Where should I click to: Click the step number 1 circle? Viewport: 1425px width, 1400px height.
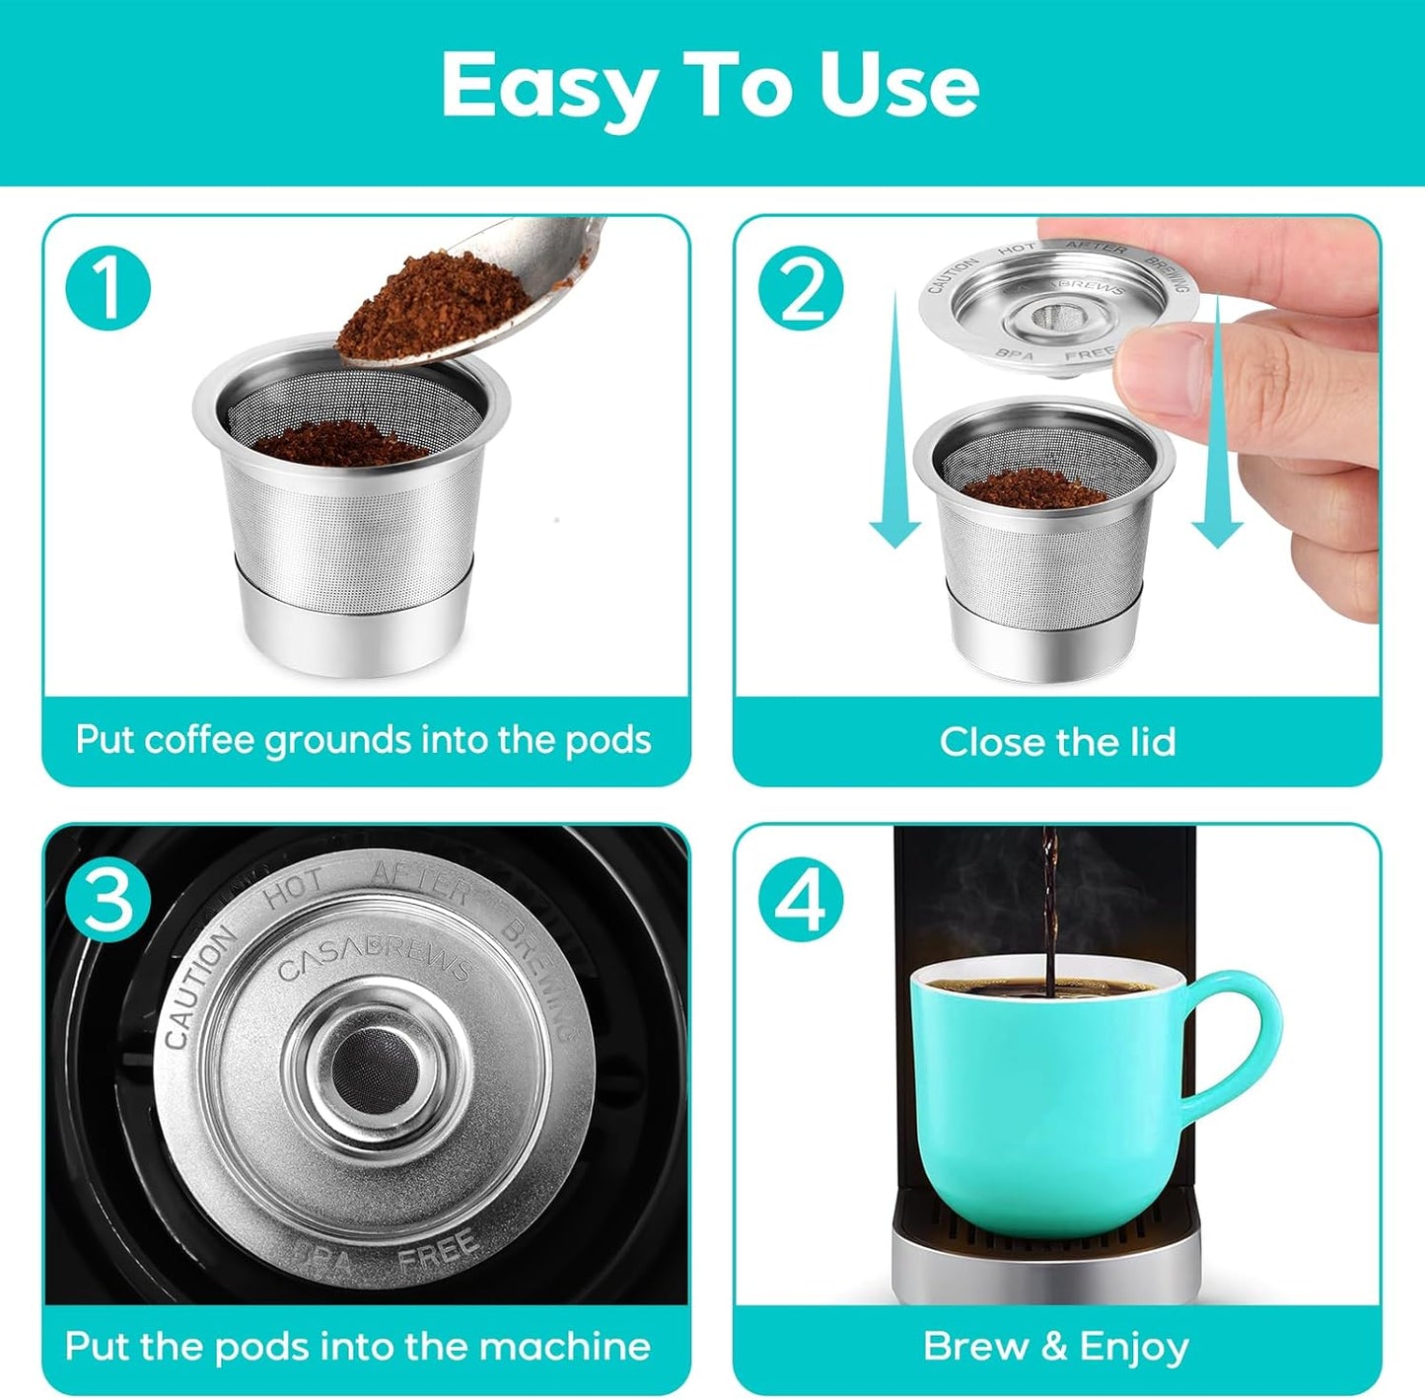click(107, 290)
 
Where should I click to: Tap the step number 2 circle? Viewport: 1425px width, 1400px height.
click(801, 290)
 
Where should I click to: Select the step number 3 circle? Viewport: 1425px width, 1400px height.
click(107, 899)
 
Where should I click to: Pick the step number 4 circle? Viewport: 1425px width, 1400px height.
click(801, 899)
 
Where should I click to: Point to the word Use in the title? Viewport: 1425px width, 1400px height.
click(898, 85)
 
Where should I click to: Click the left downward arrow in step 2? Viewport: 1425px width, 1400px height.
click(894, 424)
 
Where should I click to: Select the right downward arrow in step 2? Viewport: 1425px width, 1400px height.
click(1217, 424)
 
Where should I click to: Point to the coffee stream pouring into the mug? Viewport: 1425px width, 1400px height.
click(1050, 918)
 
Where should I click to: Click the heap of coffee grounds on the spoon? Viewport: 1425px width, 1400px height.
click(434, 296)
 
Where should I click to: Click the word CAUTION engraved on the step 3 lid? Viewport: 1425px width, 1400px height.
click(199, 987)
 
